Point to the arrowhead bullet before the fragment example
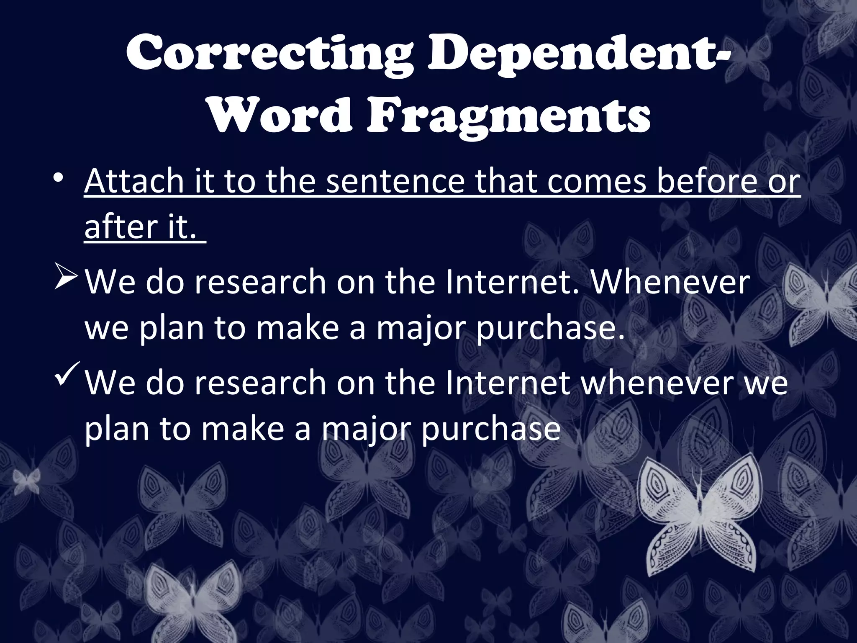tap(65, 280)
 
